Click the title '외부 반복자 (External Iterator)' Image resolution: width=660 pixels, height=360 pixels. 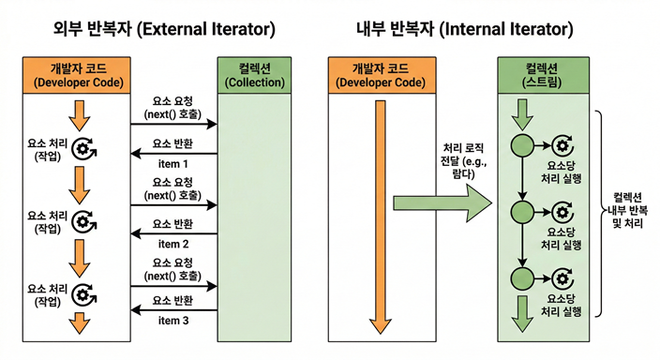coord(163,29)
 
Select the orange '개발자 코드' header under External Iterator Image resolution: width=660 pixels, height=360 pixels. coord(77,75)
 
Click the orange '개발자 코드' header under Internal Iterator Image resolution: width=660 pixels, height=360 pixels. coord(380,75)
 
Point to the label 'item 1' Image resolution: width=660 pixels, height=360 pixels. coord(173,164)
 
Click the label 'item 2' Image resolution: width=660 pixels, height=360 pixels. coord(173,244)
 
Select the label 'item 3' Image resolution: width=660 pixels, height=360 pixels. coord(173,321)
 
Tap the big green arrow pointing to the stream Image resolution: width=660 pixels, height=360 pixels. coord(441,204)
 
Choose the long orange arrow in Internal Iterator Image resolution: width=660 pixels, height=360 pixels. coord(380,216)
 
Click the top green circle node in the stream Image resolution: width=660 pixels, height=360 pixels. coord(519,146)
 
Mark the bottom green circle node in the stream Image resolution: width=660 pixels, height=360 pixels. coord(519,278)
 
